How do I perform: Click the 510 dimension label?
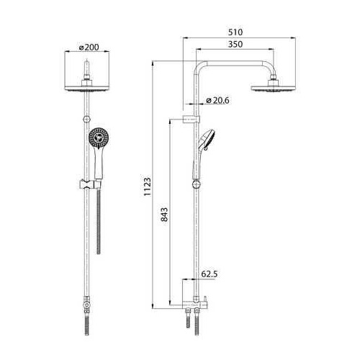pyautogui.click(x=235, y=32)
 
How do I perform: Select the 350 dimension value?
pyautogui.click(x=235, y=45)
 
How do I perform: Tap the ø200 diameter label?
pyautogui.click(x=89, y=48)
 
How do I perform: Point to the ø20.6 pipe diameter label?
pyautogui.click(x=217, y=100)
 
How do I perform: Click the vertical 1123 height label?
pyautogui.click(x=148, y=187)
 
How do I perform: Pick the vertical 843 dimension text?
pyautogui.click(x=165, y=215)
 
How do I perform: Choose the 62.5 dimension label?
pyautogui.click(x=210, y=274)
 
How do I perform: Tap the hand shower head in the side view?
pyautogui.click(x=207, y=140)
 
